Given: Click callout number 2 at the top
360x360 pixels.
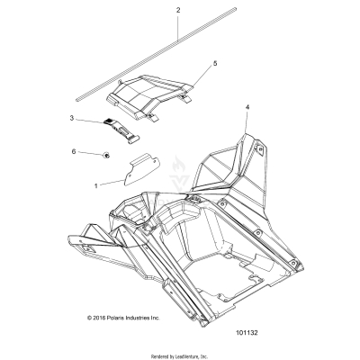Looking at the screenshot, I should click(x=178, y=10).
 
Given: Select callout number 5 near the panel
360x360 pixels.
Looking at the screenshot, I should click(x=214, y=64).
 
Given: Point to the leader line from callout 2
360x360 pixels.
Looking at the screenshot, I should click(x=178, y=26).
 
